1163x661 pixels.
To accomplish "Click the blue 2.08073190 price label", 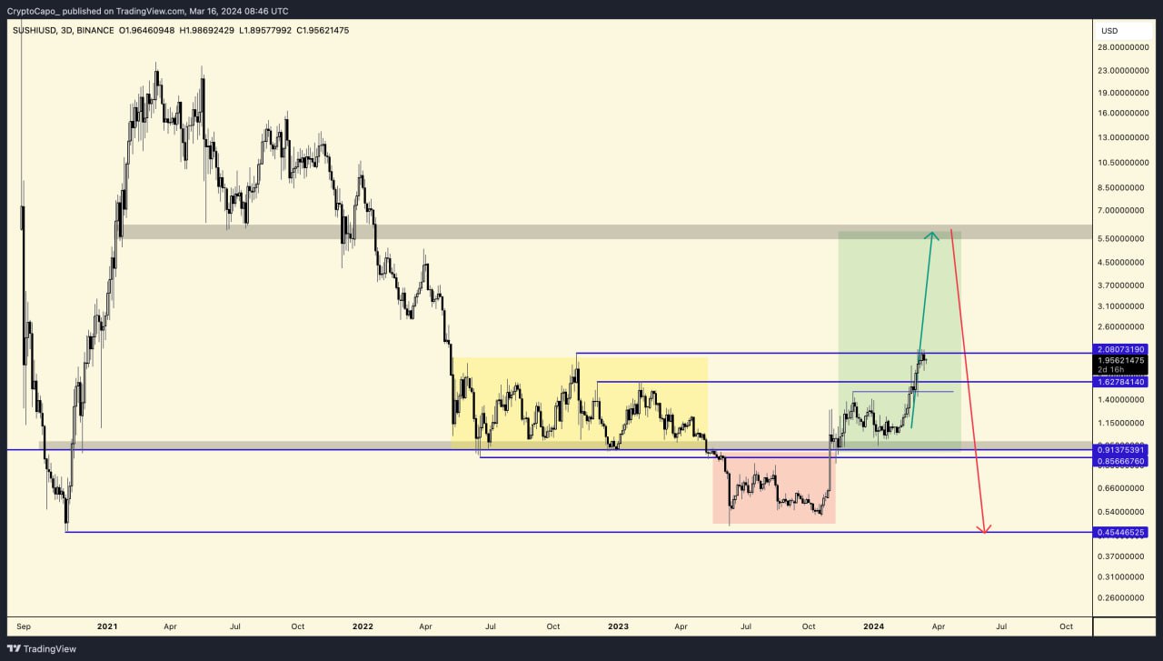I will click(x=1121, y=349).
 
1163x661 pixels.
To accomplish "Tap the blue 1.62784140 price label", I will click(x=1121, y=382).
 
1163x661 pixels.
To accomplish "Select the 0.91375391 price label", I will click(x=1121, y=449).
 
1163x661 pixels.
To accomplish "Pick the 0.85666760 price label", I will click(x=1121, y=461).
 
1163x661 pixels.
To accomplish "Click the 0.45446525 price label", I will click(x=1121, y=532).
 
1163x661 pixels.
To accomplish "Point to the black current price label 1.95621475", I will click(x=1121, y=361).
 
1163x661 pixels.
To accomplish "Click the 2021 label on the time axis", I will click(x=107, y=626).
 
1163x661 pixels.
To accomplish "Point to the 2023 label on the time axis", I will click(x=618, y=626).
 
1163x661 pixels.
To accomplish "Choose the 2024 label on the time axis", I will click(x=873, y=626).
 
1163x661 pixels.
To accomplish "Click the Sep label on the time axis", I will click(x=25, y=626).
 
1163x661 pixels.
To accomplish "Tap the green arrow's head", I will click(x=931, y=235).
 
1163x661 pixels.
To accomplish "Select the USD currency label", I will click(x=1109, y=31).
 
